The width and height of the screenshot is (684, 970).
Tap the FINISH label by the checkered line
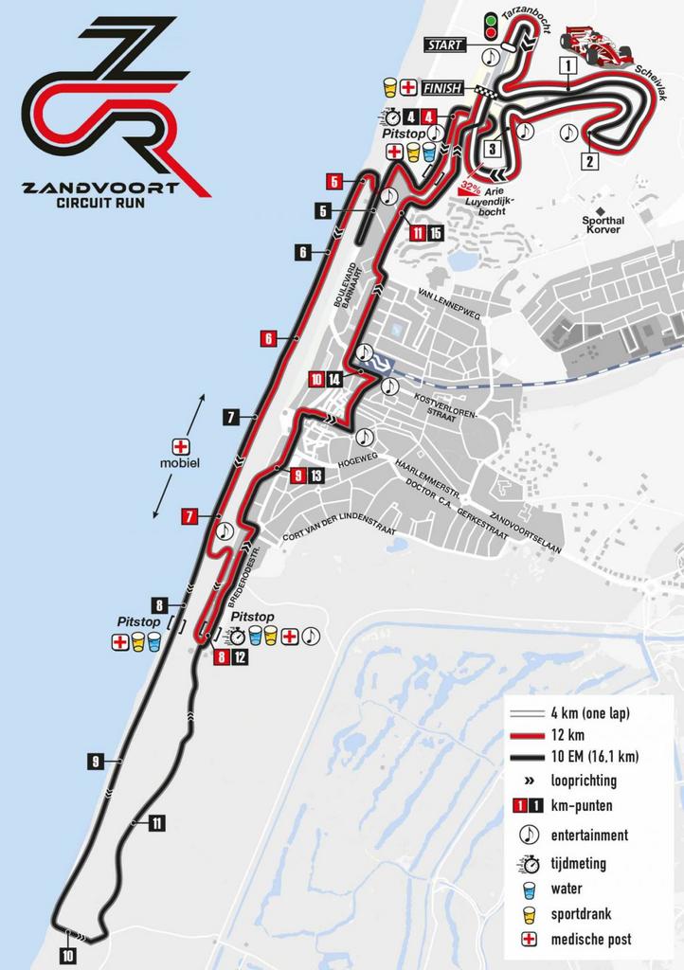(443, 88)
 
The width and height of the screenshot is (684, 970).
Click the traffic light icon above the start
(491, 26)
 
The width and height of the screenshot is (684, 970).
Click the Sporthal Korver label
(603, 224)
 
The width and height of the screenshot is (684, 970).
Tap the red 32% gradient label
(469, 187)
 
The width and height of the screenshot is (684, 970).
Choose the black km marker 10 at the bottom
(67, 956)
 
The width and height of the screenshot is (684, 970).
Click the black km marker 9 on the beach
(95, 761)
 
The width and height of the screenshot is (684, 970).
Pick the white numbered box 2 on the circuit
(588, 161)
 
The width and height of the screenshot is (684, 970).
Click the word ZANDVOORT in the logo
(101, 187)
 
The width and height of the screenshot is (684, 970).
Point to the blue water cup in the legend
(530, 889)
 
